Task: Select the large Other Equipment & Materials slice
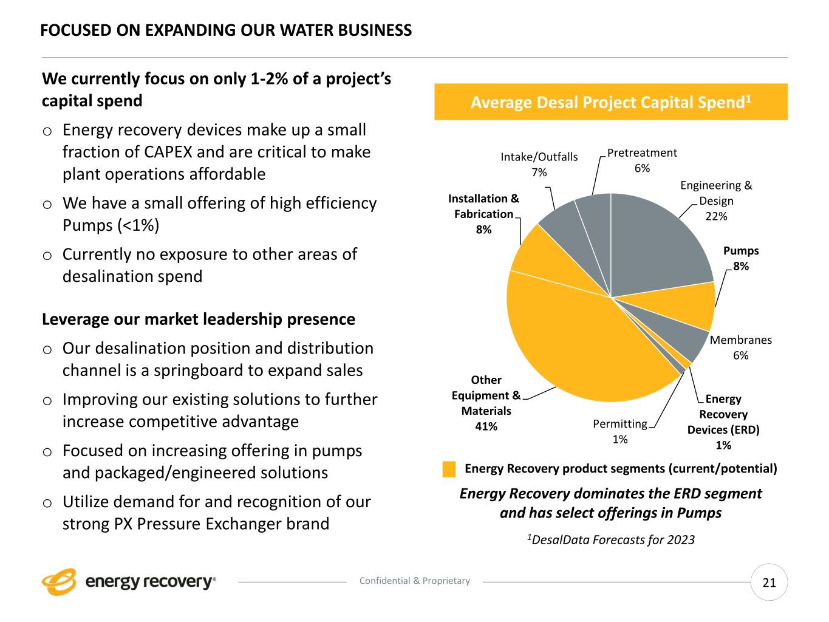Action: (577, 340)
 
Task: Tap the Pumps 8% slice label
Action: (740, 258)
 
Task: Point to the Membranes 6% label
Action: (740, 347)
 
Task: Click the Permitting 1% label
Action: (619, 431)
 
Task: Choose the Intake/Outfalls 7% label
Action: (539, 164)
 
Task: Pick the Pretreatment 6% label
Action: (641, 160)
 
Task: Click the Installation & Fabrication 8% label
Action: (483, 214)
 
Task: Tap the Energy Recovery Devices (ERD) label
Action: (723, 422)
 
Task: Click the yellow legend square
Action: (449, 469)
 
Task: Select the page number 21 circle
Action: (769, 583)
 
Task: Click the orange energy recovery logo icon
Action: (59, 582)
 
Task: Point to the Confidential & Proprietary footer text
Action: (414, 581)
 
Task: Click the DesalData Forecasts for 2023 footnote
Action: (610, 539)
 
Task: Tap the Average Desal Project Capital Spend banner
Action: (610, 102)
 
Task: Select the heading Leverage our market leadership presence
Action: (199, 319)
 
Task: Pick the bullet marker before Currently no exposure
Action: (47, 256)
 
